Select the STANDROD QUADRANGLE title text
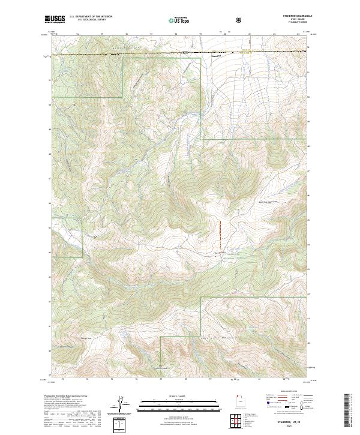[292, 16]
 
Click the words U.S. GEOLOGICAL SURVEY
[88, 20]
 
